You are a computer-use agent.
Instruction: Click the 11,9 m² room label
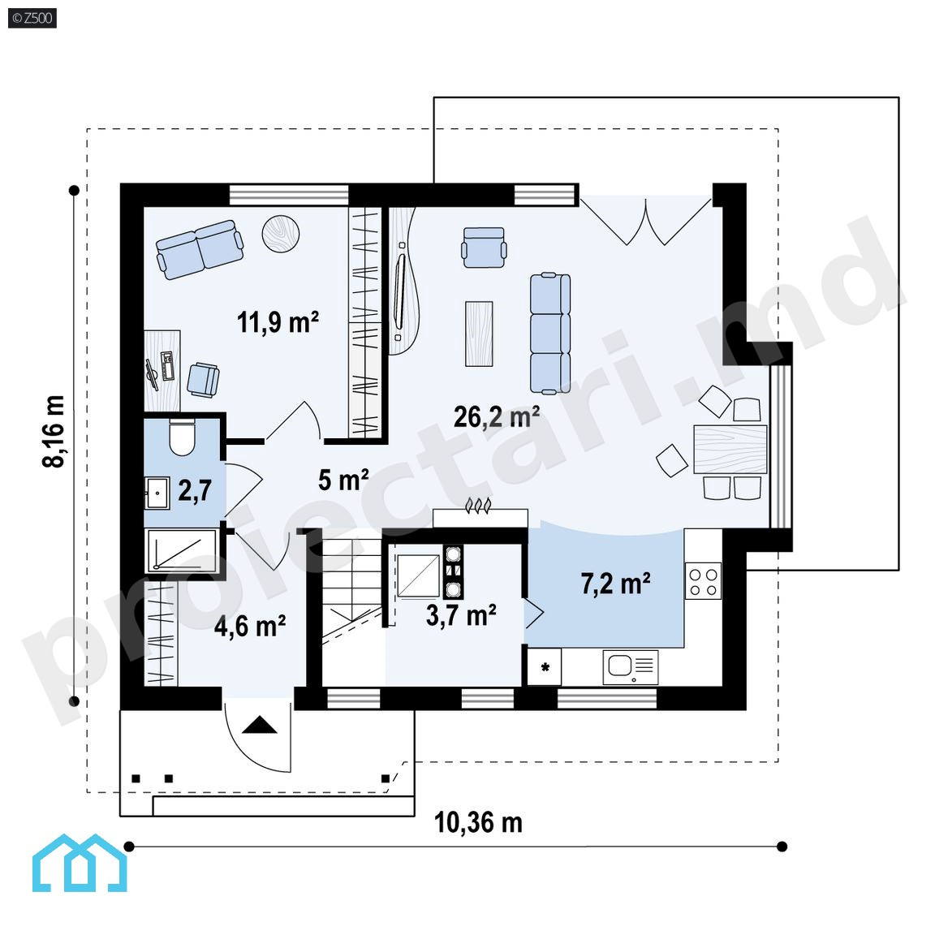pos(278,322)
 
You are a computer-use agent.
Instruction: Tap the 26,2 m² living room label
pos(497,416)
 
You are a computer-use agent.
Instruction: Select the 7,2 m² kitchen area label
pos(615,584)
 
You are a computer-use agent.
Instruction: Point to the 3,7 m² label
pos(461,614)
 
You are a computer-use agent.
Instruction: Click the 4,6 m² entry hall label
pos(250,626)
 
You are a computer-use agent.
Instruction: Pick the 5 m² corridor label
pos(343,480)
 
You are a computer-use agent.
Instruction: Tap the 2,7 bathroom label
pos(195,490)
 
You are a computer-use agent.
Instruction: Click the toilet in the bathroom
pos(182,437)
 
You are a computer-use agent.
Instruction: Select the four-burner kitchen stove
pos(703,581)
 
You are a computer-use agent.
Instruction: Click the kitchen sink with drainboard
pos(631,666)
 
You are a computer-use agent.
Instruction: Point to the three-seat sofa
pos(549,334)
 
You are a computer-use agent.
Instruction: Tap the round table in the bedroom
pos(280,233)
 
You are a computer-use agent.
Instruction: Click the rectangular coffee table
pos(479,334)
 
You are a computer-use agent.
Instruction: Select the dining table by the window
pos(730,449)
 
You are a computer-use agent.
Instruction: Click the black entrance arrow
pos(260,725)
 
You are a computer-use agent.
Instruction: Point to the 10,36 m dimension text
pos(478,823)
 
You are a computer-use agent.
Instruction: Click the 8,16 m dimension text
pos(54,431)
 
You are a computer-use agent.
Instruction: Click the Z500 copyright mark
pos(32,18)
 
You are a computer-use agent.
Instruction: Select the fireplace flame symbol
pos(478,505)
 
